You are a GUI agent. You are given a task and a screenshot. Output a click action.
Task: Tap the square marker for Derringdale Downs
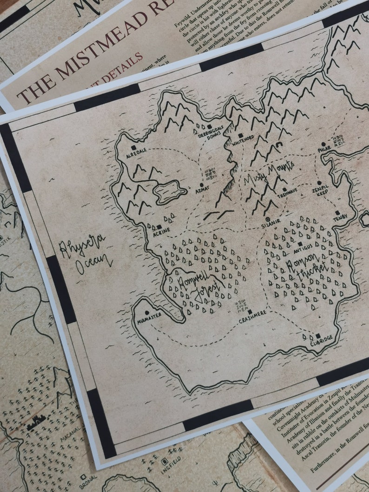(209, 126)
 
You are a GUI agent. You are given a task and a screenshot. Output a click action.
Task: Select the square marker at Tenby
(337, 213)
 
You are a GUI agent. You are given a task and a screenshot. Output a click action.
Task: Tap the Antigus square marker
(300, 244)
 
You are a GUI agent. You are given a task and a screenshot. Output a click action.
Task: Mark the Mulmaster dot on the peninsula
(147, 313)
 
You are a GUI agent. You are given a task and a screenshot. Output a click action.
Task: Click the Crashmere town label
(252, 320)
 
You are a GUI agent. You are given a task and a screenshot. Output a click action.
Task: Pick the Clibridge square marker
(318, 335)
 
